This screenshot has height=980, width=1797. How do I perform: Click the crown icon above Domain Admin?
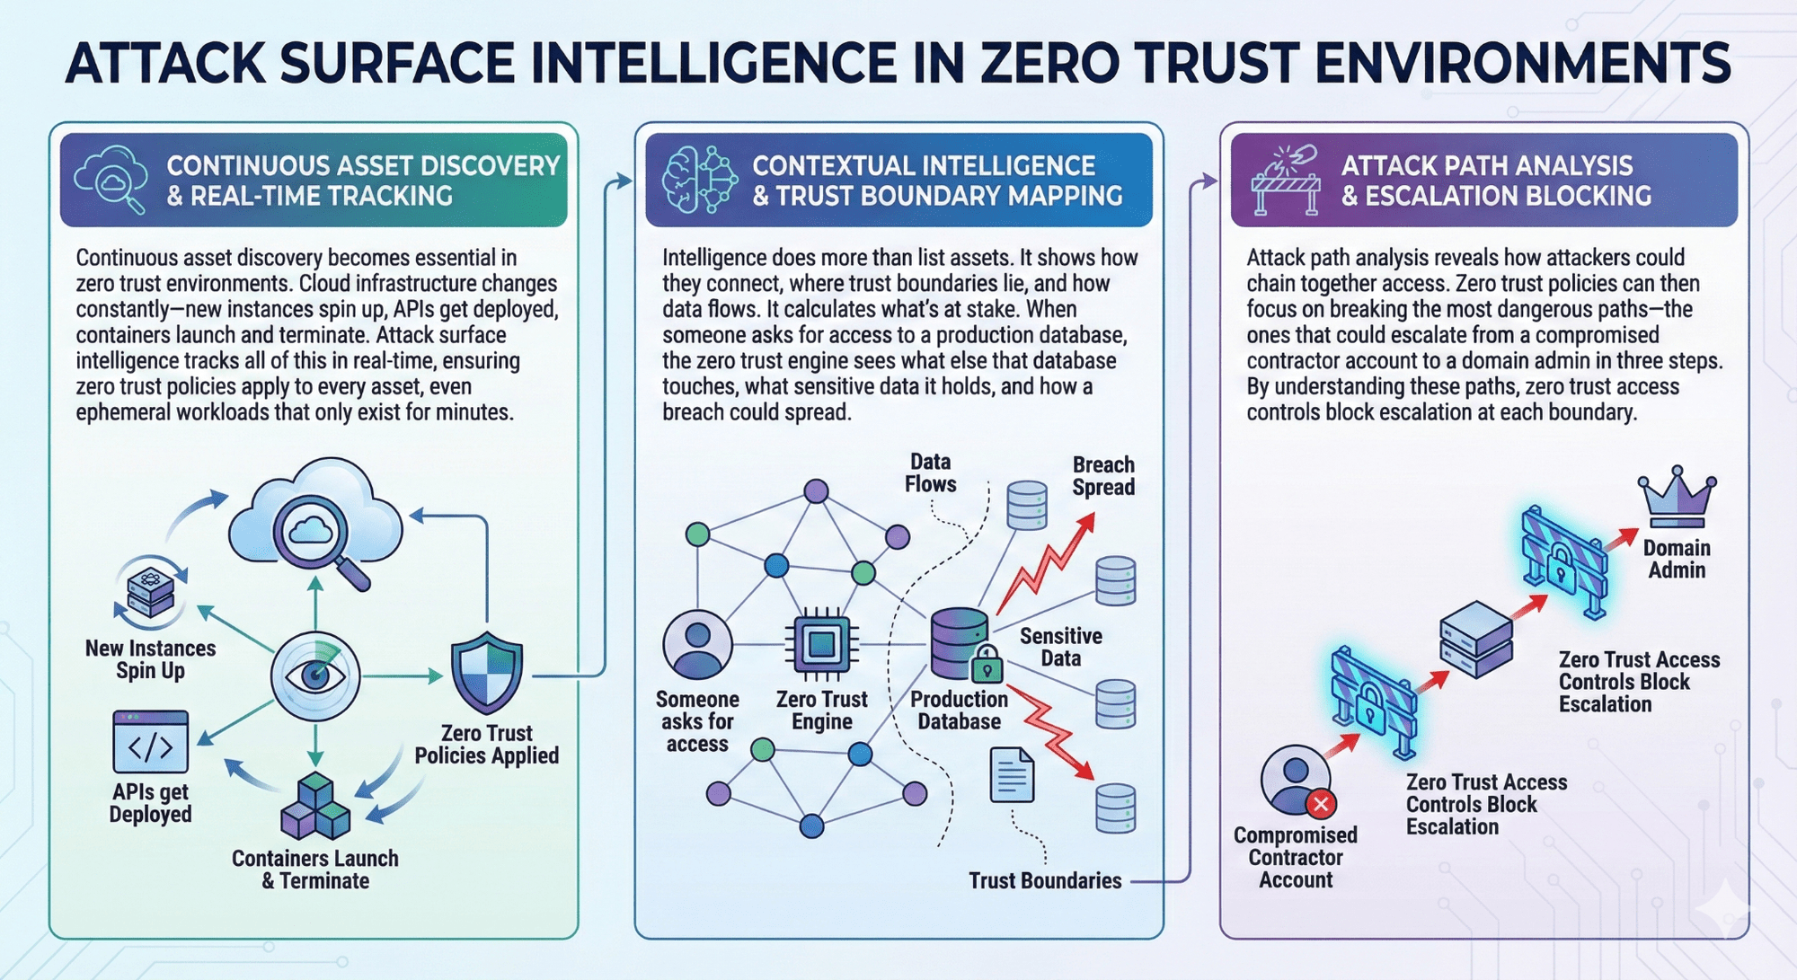click(x=1677, y=499)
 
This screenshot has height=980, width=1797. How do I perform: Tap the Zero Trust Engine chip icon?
click(x=821, y=643)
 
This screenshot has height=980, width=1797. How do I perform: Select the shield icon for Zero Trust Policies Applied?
click(x=486, y=674)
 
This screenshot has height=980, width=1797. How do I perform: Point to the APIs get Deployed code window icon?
click(x=151, y=742)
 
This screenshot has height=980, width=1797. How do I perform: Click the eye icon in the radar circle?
click(x=315, y=675)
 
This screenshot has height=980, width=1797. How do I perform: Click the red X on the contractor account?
click(x=1321, y=803)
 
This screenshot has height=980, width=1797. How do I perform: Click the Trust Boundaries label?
click(x=1045, y=880)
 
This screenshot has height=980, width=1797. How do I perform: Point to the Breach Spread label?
click(x=1103, y=476)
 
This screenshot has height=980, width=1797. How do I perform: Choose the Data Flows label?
click(x=930, y=472)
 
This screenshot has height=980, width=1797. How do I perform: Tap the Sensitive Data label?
click(x=1060, y=647)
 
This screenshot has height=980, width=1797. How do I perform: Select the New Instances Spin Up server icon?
click(x=151, y=592)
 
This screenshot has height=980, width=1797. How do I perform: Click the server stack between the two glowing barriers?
click(x=1475, y=639)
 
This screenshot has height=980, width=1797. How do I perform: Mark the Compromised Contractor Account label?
click(x=1295, y=858)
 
